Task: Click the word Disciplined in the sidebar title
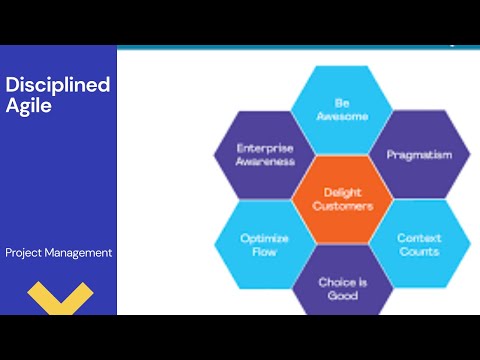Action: click(57, 84)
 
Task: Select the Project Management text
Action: click(58, 253)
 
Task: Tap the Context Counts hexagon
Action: click(419, 244)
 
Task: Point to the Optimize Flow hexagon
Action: click(265, 244)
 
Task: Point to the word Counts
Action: click(419, 252)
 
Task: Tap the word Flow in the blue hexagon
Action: click(265, 252)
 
